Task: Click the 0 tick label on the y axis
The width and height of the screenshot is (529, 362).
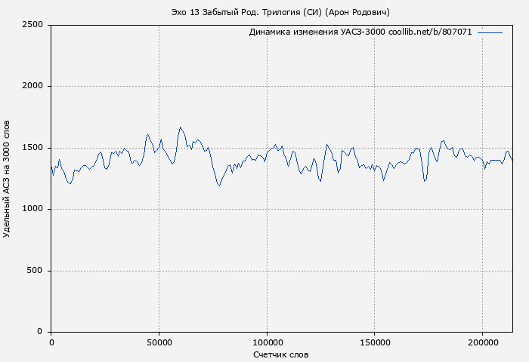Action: point(42,332)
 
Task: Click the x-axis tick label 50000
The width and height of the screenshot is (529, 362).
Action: point(159,342)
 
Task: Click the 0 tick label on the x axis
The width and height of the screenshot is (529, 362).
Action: point(51,342)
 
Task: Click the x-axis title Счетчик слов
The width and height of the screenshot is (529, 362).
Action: point(281,354)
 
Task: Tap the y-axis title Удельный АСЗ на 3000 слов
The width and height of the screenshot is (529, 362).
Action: point(8,179)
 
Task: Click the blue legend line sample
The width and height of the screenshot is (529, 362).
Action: point(490,32)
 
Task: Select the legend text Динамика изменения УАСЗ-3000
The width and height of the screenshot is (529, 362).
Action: point(317,32)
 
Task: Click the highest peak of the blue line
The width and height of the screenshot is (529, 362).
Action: point(180,127)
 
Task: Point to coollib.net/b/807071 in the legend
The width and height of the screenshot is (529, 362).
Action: point(430,32)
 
